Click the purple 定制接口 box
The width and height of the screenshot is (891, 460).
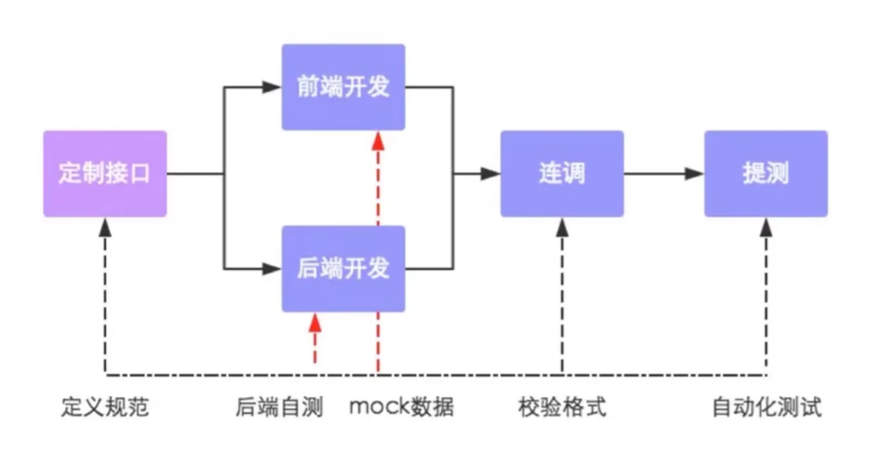(x=105, y=174)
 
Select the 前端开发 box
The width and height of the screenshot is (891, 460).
(x=343, y=87)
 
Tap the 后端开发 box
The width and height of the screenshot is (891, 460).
(x=343, y=269)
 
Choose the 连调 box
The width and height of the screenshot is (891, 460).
(x=562, y=174)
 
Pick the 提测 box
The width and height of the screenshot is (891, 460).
(x=766, y=174)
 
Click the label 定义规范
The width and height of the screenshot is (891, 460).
(x=105, y=407)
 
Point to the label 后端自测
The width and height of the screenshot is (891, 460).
(x=279, y=407)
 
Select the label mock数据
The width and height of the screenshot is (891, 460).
(x=402, y=407)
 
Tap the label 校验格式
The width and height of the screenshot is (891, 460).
(x=562, y=407)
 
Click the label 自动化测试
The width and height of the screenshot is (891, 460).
(x=767, y=407)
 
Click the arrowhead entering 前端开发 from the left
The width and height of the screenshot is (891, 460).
(x=271, y=87)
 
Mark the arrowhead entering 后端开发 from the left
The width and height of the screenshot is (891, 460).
(x=271, y=269)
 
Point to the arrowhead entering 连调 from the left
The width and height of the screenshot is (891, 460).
(x=490, y=174)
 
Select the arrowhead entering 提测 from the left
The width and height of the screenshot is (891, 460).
(x=694, y=174)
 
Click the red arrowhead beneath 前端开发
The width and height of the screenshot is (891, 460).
(x=378, y=141)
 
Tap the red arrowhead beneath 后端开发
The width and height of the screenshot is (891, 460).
(x=315, y=323)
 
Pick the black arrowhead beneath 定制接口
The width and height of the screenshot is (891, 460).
(x=105, y=228)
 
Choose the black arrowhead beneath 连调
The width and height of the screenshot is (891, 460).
(x=562, y=228)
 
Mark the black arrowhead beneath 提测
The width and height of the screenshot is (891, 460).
(x=766, y=228)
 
